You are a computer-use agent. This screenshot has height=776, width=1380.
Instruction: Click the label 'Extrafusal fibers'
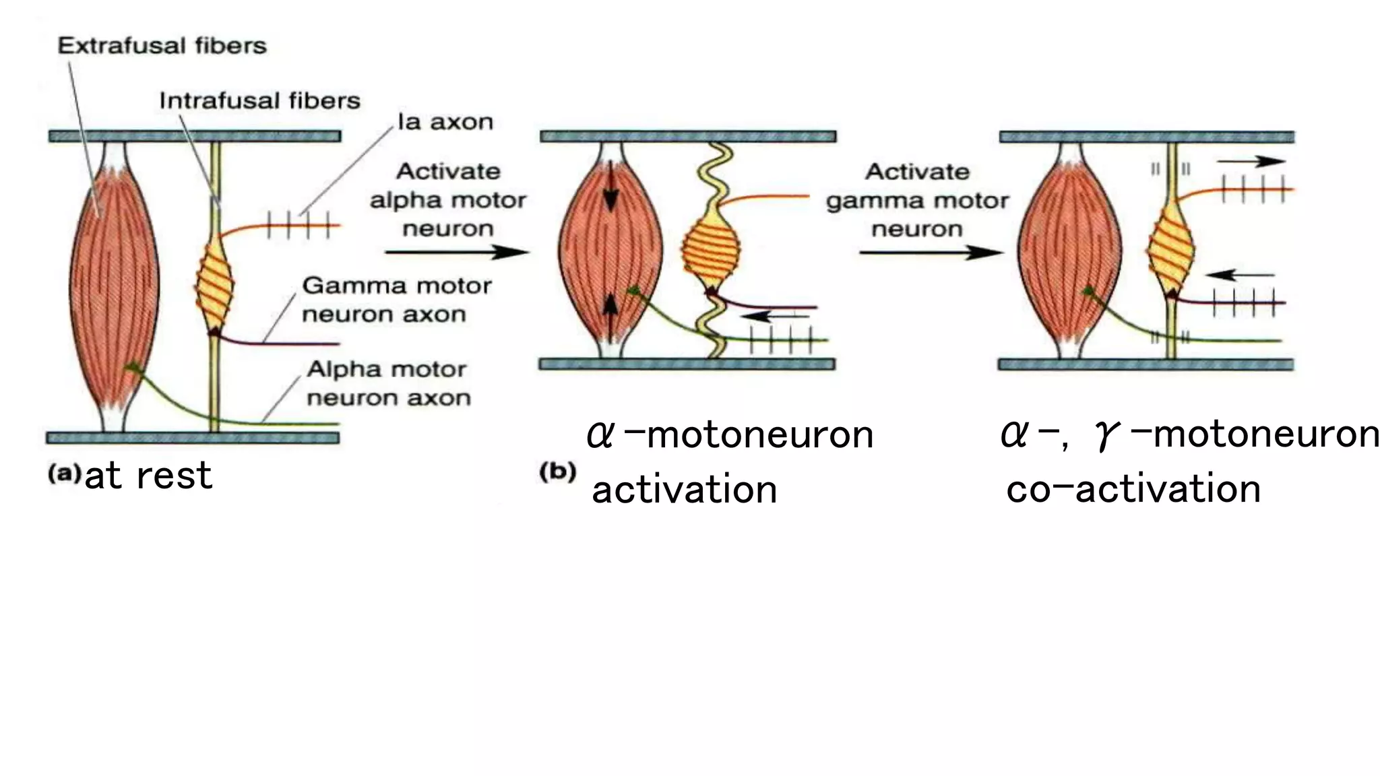click(162, 46)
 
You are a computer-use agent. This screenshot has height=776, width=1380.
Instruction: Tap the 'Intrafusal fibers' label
click(259, 101)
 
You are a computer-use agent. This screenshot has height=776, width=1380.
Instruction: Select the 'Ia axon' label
click(445, 122)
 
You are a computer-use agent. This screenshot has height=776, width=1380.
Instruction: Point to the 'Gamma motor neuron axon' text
click(396, 300)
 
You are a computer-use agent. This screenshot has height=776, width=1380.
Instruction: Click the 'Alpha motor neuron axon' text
click(388, 383)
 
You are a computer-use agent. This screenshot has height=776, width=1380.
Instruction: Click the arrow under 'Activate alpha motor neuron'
click(457, 253)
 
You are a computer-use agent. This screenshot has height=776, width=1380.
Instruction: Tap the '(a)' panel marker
click(63, 474)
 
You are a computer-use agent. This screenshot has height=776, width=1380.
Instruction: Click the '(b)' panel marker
click(557, 472)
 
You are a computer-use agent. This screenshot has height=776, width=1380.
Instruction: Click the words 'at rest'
click(148, 476)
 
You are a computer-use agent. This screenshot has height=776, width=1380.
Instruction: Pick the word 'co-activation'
click(1133, 488)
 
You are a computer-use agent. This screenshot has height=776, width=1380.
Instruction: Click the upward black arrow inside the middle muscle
click(610, 315)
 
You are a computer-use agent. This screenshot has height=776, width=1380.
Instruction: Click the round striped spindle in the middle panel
click(710, 253)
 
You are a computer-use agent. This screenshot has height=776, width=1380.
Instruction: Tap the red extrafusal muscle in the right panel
click(1069, 253)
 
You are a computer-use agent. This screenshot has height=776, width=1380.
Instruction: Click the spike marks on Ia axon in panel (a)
click(299, 226)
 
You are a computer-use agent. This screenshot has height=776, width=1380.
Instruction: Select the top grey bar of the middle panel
click(687, 137)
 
